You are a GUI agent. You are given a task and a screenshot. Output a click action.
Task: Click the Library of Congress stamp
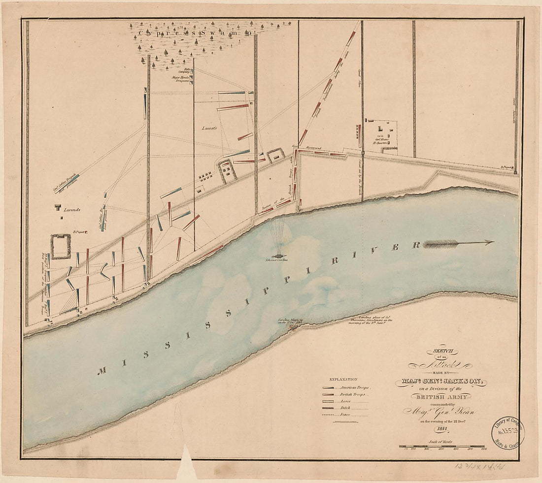pos(507,433)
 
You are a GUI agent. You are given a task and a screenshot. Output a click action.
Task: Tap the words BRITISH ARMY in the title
pos(441,396)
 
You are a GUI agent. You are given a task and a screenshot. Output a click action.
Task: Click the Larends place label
pos(71,209)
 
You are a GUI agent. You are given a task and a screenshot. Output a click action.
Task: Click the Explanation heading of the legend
pos(343,380)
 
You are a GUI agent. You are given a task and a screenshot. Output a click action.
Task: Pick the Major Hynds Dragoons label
pos(181,79)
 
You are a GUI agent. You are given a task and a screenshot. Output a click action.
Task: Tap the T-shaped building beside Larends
pos(58,208)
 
